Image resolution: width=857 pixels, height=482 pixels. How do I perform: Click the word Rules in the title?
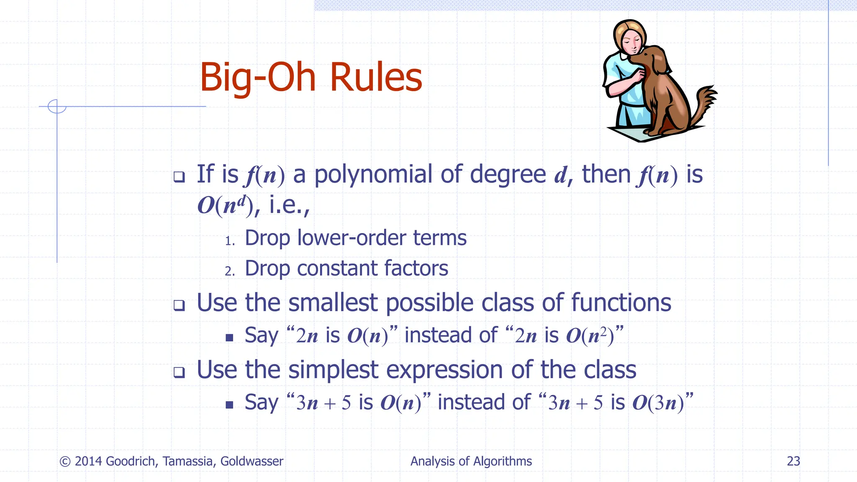point(376,77)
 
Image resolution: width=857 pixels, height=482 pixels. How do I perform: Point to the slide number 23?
point(793,461)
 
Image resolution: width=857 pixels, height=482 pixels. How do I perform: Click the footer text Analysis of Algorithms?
point(471,461)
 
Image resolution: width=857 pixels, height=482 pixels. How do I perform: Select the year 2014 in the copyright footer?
point(88,461)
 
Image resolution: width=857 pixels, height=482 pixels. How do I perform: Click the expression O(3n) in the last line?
point(658,403)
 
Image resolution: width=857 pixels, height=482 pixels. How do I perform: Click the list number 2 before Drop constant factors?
point(229,271)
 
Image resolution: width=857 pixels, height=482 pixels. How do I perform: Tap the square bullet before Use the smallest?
point(180,305)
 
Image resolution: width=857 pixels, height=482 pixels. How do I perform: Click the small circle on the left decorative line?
point(57,106)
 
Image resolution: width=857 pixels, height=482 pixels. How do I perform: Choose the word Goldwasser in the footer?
point(252,461)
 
